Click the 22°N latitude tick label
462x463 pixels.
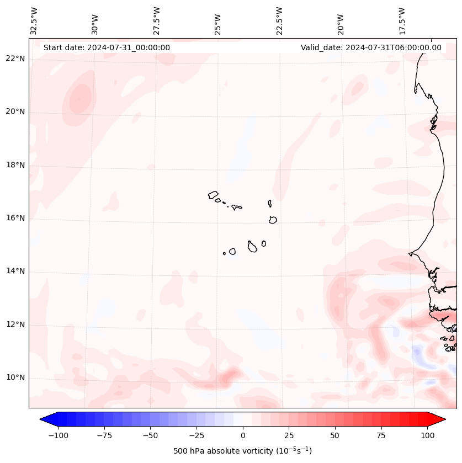[15, 58]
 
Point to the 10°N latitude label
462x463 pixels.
[15, 377]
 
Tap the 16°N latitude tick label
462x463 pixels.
[15, 218]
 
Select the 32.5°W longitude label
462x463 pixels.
[34, 22]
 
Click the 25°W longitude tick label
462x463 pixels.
[217, 24]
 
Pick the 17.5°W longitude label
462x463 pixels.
[402, 22]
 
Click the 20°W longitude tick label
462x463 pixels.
[341, 24]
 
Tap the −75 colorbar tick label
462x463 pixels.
[104, 435]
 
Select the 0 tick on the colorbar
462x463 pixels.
[243, 435]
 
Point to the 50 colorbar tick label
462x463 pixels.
[335, 435]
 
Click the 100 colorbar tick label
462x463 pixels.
[427, 435]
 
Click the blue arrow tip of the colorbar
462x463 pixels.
[40, 419]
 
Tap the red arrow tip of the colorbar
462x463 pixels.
[445, 419]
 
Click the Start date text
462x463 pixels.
[107, 47]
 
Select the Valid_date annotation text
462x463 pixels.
[371, 47]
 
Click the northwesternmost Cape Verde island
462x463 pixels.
[213, 195]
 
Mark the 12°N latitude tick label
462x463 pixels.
[15, 324]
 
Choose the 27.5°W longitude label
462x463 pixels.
[157, 22]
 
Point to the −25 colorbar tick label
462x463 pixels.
[197, 435]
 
